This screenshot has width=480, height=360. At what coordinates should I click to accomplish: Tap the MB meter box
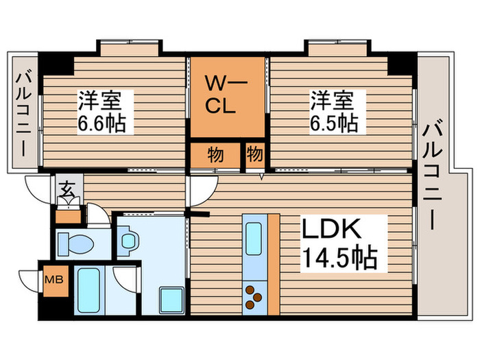(x=51, y=280)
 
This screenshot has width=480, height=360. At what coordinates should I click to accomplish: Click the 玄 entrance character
(x=67, y=188)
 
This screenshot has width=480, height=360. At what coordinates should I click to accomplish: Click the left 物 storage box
(x=215, y=155)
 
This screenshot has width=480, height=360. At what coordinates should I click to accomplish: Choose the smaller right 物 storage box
(x=254, y=155)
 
